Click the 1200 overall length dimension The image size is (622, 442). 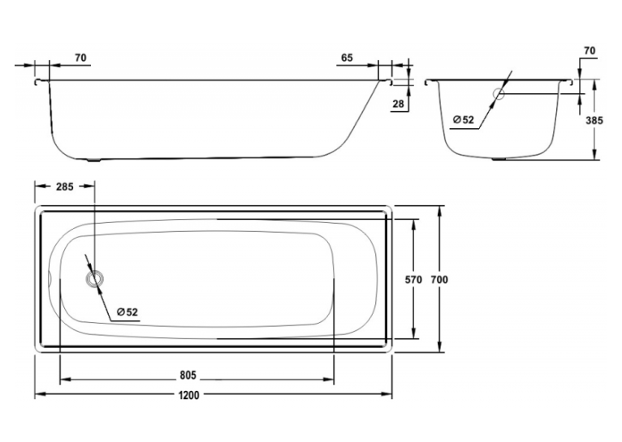(x=189, y=395)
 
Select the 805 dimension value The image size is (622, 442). (x=188, y=375)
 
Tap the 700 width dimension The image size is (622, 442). (x=439, y=280)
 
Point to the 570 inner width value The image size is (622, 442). (x=413, y=280)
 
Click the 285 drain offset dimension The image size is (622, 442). (x=65, y=187)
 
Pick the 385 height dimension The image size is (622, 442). (x=594, y=120)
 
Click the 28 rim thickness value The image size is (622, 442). (x=398, y=104)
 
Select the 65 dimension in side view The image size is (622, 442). (x=347, y=58)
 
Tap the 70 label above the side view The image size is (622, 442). (x=80, y=58)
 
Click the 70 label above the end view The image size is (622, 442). (x=590, y=51)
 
